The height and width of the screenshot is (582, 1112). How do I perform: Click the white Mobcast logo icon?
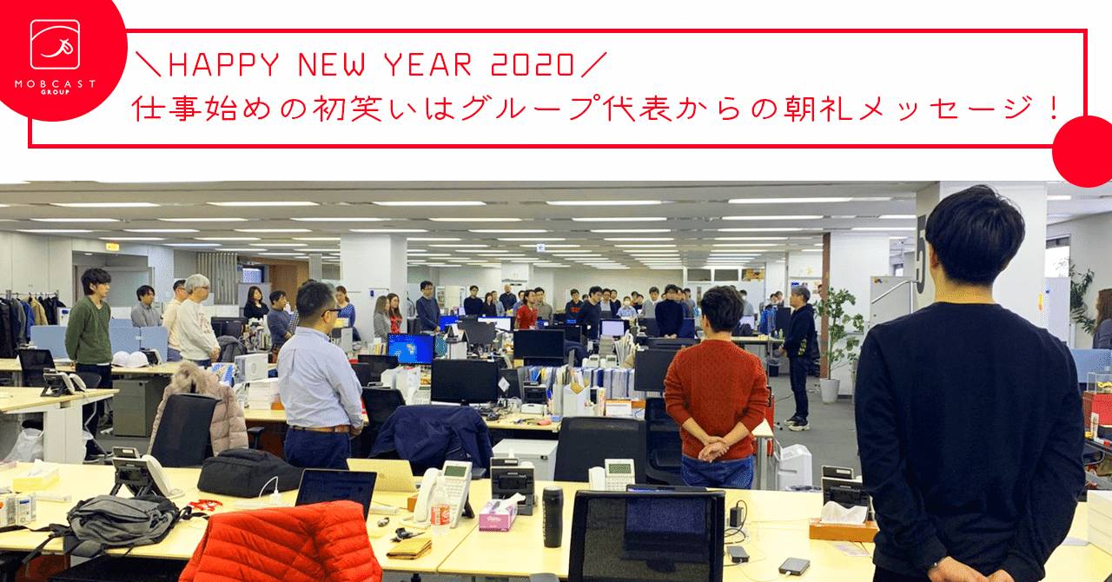pyautogui.click(x=55, y=44)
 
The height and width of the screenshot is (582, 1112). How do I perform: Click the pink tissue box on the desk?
pyautogui.click(x=497, y=514)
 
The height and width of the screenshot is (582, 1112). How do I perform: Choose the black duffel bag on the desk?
pyautogui.click(x=250, y=473)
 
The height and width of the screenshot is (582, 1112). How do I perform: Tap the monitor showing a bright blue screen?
pyautogui.click(x=410, y=347)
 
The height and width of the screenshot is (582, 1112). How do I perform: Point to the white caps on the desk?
pyautogui.click(x=129, y=359)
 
